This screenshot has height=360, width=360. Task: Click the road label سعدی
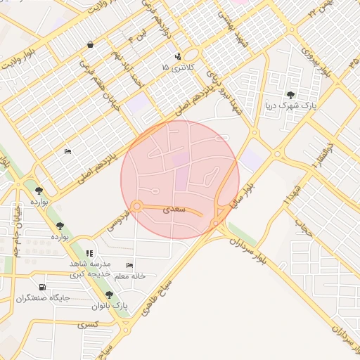(174, 209)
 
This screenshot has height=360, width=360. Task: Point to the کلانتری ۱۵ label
(175, 67)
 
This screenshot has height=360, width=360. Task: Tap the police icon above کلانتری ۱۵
(177, 56)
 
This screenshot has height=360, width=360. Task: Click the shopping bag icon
(91, 45)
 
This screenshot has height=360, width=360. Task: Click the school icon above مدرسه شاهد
(89, 253)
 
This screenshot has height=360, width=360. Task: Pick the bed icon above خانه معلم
(129, 265)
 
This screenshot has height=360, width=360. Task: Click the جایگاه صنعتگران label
(44, 298)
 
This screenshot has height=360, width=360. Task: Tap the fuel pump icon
(43, 287)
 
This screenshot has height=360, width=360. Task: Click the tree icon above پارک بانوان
(109, 295)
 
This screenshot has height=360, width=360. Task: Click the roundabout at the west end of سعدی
(136, 206)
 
